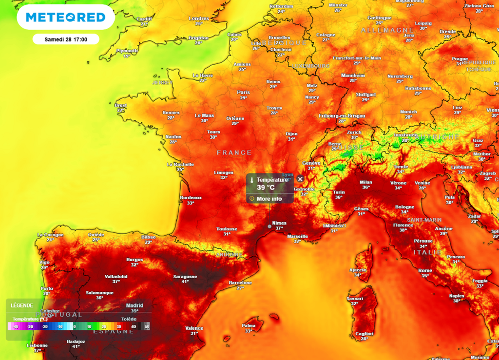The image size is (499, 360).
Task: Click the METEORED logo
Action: point(66,18)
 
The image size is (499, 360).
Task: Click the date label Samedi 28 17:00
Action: point(66,39)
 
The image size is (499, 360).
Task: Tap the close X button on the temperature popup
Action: point(300,179)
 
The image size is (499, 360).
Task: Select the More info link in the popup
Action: point(269,199)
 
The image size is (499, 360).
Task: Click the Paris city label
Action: point(243,92)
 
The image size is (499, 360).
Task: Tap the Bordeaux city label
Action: point(191,197)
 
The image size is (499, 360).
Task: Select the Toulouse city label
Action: point(227,229)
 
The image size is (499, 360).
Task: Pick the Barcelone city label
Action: point(240,283)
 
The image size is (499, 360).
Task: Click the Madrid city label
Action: point(134,305)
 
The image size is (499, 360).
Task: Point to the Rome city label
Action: point(425,270)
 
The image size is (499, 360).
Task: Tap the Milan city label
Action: point(365,182)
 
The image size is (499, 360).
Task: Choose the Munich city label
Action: point(408,112)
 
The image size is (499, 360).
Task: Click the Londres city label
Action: point(198,19)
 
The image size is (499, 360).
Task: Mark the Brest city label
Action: point(120,105)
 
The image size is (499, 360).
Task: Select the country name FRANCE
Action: point(234,152)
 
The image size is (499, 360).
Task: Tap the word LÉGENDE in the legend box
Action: point(22,305)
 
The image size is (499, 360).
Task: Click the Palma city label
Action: point(249,325)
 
